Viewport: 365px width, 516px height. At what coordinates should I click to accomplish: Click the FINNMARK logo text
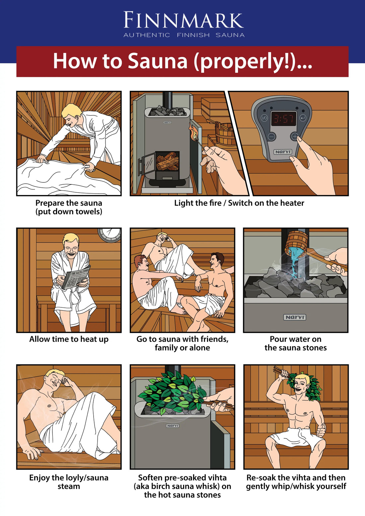183,21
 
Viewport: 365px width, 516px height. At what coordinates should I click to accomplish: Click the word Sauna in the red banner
158,61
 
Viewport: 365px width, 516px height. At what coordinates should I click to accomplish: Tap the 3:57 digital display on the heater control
283,119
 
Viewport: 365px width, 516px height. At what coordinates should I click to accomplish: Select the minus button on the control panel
271,136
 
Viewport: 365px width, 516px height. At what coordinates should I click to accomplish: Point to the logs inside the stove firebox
167,161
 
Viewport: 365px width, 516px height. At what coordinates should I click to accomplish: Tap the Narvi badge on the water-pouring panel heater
295,317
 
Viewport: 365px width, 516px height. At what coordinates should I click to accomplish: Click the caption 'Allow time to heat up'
69,339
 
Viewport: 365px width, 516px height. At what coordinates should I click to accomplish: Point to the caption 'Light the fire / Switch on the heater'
239,203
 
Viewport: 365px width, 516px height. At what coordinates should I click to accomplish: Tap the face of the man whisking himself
302,387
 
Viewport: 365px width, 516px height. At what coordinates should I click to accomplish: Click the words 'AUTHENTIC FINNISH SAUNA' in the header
184,35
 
